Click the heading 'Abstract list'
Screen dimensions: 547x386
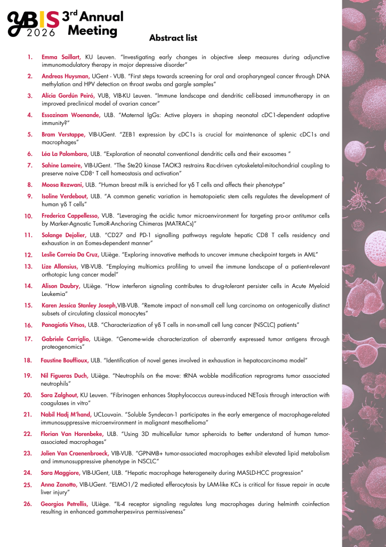pyautogui.click(x=173, y=38)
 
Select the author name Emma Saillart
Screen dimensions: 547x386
pyautogui.click(x=61, y=57)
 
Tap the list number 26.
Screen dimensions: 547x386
pyautogui.click(x=28, y=504)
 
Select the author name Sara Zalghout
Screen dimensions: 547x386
pyautogui.click(x=59, y=395)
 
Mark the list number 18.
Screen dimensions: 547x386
pyautogui.click(x=28, y=361)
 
